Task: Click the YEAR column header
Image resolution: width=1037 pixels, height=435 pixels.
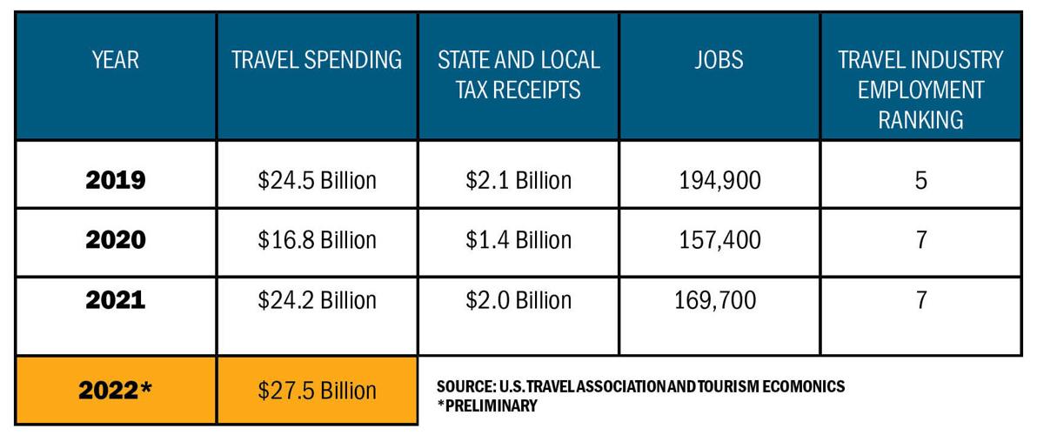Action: point(115,60)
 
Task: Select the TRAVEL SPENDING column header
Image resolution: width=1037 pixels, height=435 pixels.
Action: point(317,60)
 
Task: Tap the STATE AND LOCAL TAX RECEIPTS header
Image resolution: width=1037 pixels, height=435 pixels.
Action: point(518,74)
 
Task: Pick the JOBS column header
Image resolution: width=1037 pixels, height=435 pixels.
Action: point(719,60)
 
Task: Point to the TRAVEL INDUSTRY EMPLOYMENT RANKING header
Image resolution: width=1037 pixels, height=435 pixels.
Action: point(920,89)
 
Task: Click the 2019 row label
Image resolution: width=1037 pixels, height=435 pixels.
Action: point(115,180)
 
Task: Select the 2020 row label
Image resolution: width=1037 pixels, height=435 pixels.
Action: point(115,239)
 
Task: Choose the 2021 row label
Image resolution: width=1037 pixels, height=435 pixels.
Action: point(115,300)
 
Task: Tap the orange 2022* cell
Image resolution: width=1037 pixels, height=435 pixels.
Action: point(115,391)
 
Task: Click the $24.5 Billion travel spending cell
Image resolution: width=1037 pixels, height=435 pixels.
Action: point(317,180)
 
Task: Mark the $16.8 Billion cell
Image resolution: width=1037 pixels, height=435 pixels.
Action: point(317,239)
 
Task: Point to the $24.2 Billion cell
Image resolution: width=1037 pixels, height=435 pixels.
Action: point(317,300)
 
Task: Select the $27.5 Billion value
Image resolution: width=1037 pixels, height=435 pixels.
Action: point(317,391)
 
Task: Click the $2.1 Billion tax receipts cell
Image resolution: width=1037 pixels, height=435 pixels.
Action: point(518,180)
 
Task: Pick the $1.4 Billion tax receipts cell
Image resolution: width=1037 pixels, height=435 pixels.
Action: point(518,239)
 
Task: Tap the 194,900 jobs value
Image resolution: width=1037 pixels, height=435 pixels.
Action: point(719,180)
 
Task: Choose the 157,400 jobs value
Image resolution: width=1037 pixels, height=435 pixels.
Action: point(719,239)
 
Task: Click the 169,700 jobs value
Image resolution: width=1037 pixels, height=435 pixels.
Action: point(715,300)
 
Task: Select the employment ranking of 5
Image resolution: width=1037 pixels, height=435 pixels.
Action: point(920,180)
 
